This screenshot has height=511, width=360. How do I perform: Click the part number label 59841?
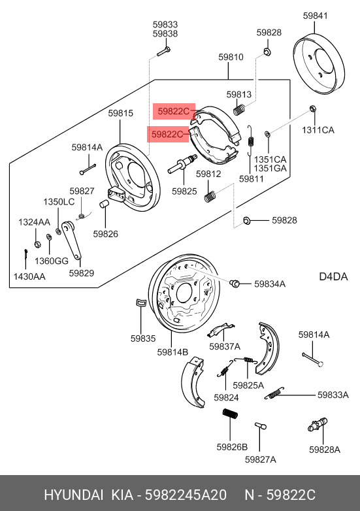click(316, 16)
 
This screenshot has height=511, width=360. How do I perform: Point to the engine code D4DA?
click(333, 276)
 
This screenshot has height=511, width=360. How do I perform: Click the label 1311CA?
click(318, 130)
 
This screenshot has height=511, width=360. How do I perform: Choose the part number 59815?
click(121, 113)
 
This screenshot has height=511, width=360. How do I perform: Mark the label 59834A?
click(270, 284)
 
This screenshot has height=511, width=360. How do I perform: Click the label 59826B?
click(232, 447)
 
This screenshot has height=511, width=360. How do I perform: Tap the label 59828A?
click(325, 450)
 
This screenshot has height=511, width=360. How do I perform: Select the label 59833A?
click(335, 395)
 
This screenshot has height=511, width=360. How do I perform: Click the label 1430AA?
click(29, 276)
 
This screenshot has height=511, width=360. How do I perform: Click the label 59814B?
click(172, 352)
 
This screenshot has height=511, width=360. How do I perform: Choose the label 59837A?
click(225, 346)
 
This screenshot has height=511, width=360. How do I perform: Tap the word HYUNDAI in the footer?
click(71, 495)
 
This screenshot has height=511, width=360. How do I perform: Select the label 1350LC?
click(59, 202)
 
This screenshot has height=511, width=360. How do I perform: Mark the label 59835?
click(142, 338)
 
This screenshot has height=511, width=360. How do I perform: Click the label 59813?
click(239, 94)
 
